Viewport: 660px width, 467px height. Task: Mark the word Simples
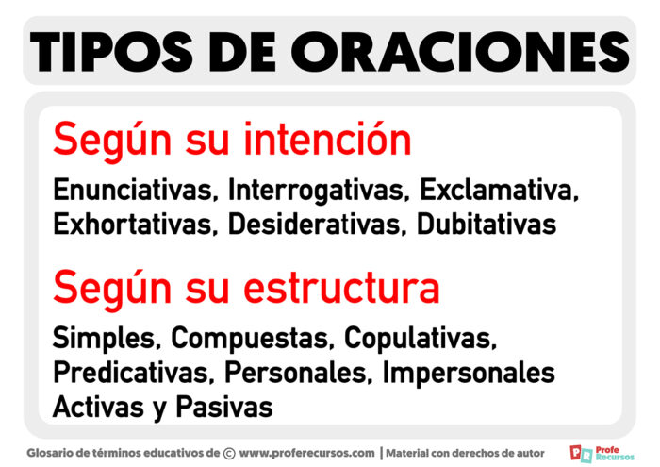coord(106,337)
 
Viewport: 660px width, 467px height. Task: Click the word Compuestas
coord(253,337)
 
